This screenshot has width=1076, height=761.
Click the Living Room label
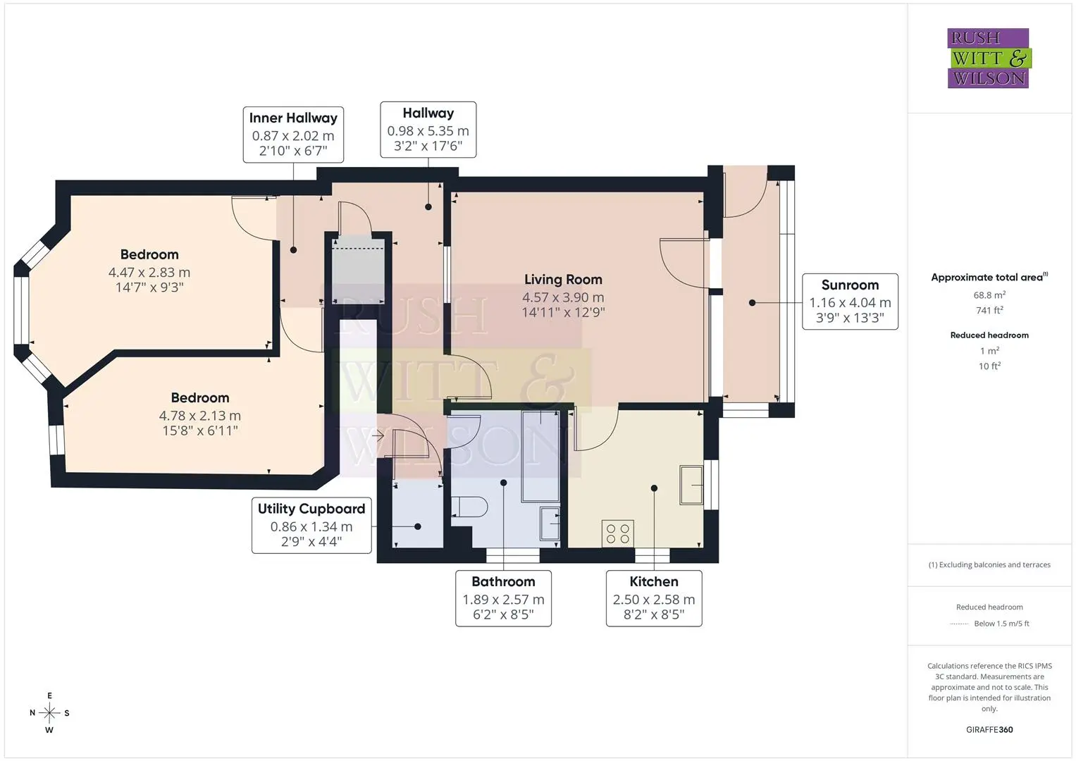point(563,279)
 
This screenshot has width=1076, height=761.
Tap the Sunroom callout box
point(850,302)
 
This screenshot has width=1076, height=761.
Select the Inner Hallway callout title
point(293,118)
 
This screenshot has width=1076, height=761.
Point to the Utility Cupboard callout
point(311,525)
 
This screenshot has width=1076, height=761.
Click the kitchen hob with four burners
point(618,533)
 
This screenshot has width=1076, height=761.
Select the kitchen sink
point(691,485)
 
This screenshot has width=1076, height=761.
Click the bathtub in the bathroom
point(541,456)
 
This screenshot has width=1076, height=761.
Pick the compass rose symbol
point(49,712)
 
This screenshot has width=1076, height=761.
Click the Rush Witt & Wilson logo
point(989,58)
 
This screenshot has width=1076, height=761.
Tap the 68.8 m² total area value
point(989,295)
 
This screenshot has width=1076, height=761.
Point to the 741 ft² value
point(989,310)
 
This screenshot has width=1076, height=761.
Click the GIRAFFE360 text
point(989,729)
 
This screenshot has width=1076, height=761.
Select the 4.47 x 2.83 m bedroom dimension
point(149,273)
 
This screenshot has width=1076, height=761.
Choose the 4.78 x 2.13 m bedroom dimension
point(200,416)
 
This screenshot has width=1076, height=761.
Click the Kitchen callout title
point(654,581)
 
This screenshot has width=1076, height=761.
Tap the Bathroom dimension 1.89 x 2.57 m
point(503,600)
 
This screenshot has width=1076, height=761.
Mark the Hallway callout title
point(428,113)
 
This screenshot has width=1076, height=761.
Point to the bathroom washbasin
point(550,523)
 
